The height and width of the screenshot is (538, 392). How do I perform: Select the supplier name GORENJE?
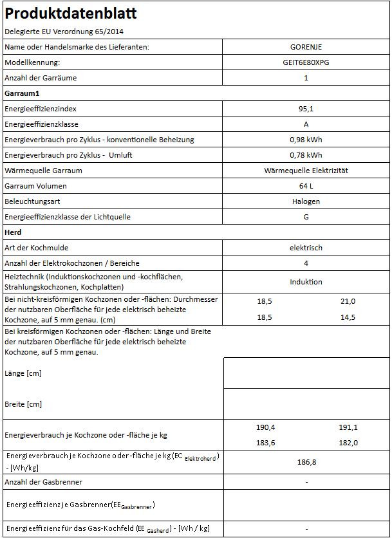point(306,47)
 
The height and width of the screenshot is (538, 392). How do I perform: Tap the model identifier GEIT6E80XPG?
point(306,62)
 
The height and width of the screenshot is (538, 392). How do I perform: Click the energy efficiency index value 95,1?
point(306,109)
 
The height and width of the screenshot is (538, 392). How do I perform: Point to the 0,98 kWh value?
point(306,140)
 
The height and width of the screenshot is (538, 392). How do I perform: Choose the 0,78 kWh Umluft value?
point(306,155)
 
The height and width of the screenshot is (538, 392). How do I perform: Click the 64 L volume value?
point(306,186)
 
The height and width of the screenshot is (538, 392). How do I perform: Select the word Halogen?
point(306,201)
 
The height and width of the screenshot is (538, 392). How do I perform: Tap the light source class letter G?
point(306,217)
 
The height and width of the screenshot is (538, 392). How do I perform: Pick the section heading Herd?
point(14,232)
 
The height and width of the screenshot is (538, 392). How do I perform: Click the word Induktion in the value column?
point(306,282)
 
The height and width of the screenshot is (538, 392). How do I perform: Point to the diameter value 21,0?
point(348,301)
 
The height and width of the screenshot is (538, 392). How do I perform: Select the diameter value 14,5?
point(348,318)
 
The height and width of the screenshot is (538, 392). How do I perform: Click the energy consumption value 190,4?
point(265,427)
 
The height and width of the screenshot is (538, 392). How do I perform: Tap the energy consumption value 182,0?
point(348,443)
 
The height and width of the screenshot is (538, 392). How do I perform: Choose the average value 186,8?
point(306,462)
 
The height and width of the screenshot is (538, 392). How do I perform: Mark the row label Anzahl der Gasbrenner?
point(43,482)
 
